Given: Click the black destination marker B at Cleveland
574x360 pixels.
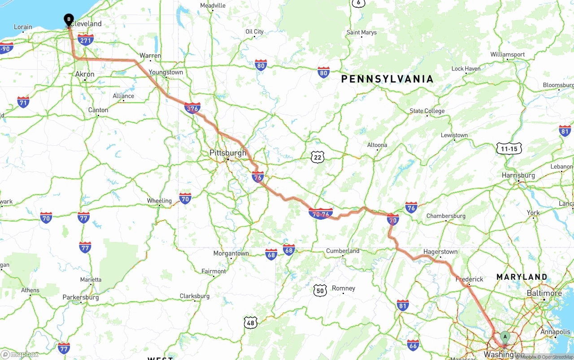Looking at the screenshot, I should [69, 20].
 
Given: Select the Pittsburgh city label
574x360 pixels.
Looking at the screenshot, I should [228, 153].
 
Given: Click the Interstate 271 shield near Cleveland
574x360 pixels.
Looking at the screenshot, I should [86, 40].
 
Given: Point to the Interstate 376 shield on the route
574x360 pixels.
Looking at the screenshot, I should [192, 108].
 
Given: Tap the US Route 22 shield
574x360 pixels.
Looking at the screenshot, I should [318, 157].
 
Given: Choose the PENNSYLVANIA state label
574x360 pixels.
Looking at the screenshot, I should [387, 79].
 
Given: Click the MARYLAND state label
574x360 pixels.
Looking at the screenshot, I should [522, 277].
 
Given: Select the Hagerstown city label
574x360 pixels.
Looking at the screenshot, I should [440, 252].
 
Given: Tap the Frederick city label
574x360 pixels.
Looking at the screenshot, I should [469, 279].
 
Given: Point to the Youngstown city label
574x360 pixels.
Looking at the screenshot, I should [166, 72].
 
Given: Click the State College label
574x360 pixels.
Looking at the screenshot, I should [427, 111].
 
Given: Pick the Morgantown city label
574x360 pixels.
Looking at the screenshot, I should [231, 253].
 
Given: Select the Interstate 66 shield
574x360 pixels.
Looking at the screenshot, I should [413, 345].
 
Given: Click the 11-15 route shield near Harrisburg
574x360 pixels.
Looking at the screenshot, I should [509, 149].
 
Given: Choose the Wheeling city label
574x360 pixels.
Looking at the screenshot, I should [159, 200].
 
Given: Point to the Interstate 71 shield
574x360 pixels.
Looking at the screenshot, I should [23, 102].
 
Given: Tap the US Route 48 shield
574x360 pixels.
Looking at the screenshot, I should [251, 322].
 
